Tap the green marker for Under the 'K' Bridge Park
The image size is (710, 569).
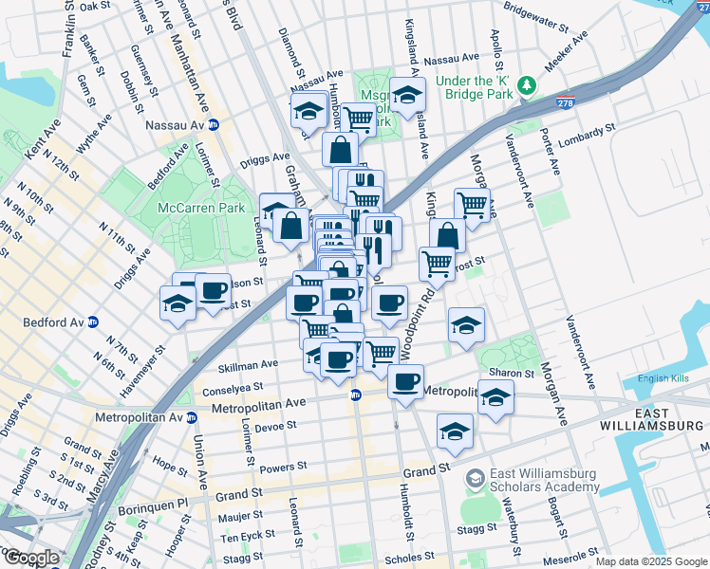527,88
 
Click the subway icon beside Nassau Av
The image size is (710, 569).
214,124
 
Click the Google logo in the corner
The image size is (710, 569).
30,558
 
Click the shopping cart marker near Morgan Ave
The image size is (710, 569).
471,203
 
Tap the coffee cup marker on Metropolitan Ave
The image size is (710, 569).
405,381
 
